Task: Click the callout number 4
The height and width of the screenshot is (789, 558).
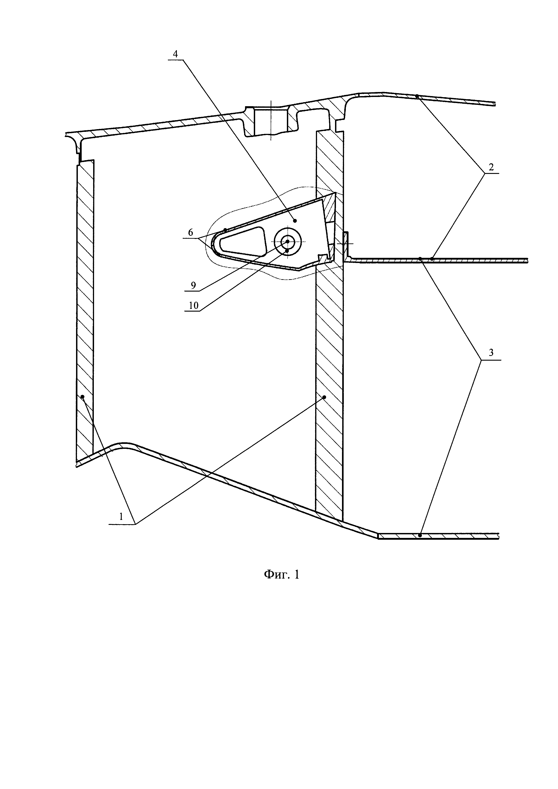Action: (175, 54)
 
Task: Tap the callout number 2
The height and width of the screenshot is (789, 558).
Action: (491, 167)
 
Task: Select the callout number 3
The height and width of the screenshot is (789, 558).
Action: (491, 353)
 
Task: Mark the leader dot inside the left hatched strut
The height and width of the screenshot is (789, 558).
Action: (83, 397)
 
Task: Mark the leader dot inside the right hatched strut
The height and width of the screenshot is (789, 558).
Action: (324, 397)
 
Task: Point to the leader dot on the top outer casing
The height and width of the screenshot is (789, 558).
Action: (417, 96)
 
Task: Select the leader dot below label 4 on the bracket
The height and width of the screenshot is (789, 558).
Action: (295, 220)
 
